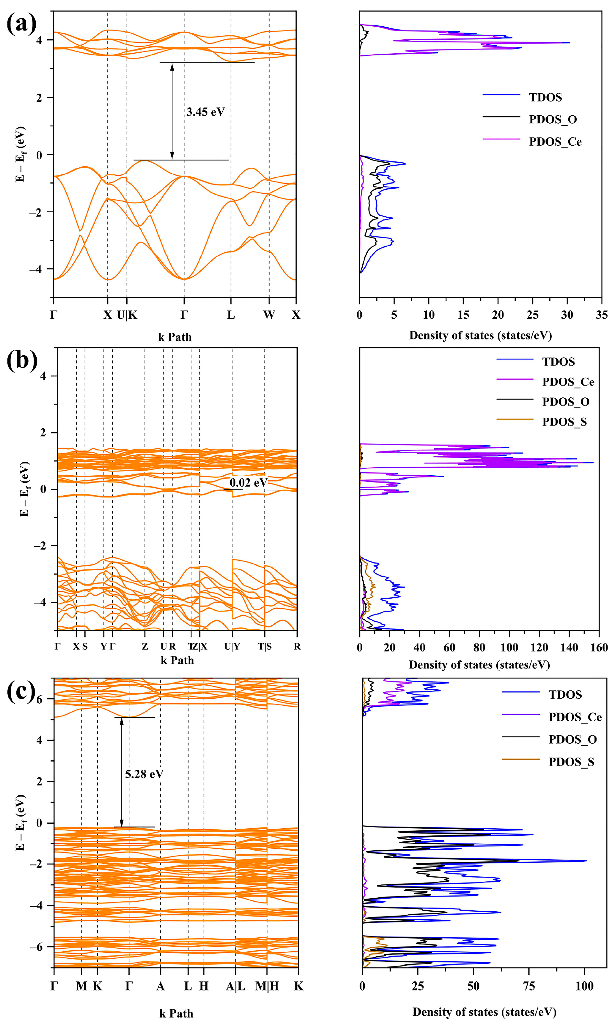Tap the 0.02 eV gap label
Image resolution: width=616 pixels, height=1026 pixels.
point(249,482)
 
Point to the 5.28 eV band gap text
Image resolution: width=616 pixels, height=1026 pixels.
point(144,774)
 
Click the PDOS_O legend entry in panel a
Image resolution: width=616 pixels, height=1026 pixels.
point(552,119)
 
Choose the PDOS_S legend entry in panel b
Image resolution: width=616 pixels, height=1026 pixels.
point(564,422)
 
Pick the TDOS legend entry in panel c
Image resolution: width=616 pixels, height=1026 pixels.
point(565,695)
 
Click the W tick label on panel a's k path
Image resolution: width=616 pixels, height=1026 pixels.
point(269,315)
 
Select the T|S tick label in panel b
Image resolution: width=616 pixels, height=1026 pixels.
point(265,647)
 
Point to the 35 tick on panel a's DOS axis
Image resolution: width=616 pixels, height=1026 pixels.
point(601,315)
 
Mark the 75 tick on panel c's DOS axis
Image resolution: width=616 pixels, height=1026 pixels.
point(529,986)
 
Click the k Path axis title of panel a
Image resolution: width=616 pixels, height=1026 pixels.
point(175,337)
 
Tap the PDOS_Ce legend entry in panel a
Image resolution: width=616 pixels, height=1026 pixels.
point(555,142)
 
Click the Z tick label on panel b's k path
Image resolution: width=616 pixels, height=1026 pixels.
point(145,647)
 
